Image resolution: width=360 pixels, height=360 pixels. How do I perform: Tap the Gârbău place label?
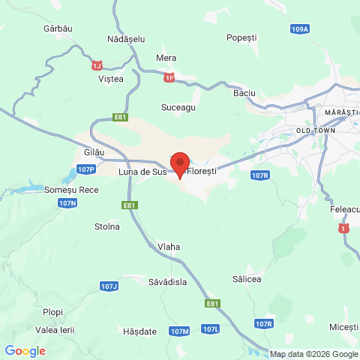57,28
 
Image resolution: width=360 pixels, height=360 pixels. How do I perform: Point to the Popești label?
241,36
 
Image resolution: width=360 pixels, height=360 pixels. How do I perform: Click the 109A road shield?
299,28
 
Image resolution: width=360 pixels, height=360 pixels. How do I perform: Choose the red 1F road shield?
169,76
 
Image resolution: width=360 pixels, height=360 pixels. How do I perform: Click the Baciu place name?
244,93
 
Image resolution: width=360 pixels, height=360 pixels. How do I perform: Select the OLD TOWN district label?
316,130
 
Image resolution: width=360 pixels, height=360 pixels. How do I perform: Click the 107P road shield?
85,169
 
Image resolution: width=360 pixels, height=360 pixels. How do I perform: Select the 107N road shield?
67,203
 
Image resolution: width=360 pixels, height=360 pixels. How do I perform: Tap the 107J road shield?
109,286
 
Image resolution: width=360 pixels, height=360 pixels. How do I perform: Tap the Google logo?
25,350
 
